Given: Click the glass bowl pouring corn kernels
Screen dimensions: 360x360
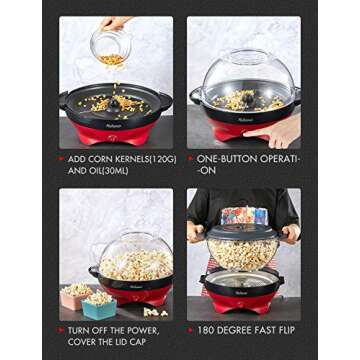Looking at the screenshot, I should click(111, 45).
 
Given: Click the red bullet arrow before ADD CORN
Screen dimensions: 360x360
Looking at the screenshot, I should click(62, 158).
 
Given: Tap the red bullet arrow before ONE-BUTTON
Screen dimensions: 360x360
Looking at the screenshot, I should click(190, 158).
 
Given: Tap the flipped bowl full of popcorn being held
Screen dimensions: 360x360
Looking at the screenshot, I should click(243, 250).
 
